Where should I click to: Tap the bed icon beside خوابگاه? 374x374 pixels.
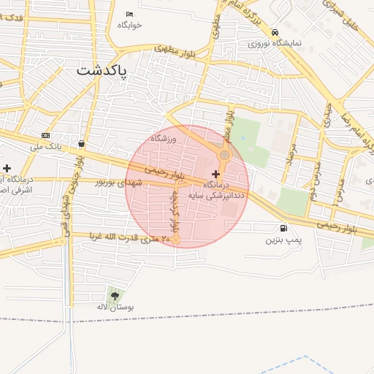[x=130, y=14]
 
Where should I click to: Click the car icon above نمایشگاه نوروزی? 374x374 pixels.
[x=275, y=32]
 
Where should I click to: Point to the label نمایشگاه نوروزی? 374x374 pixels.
[x=273, y=44]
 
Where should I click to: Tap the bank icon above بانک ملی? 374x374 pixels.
[x=46, y=136]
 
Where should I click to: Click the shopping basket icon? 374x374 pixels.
[x=80, y=143]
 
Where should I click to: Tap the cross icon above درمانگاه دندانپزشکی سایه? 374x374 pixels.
[x=215, y=174]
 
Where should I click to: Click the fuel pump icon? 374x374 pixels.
[x=283, y=228]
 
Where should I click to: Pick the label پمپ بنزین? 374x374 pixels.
[x=283, y=239]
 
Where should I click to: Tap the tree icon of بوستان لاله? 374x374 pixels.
[x=115, y=296]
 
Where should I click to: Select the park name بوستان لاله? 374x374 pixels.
[x=117, y=308]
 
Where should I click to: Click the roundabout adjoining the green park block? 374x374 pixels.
[x=225, y=155]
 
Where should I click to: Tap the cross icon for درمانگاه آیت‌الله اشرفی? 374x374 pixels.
[x=7, y=169]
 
